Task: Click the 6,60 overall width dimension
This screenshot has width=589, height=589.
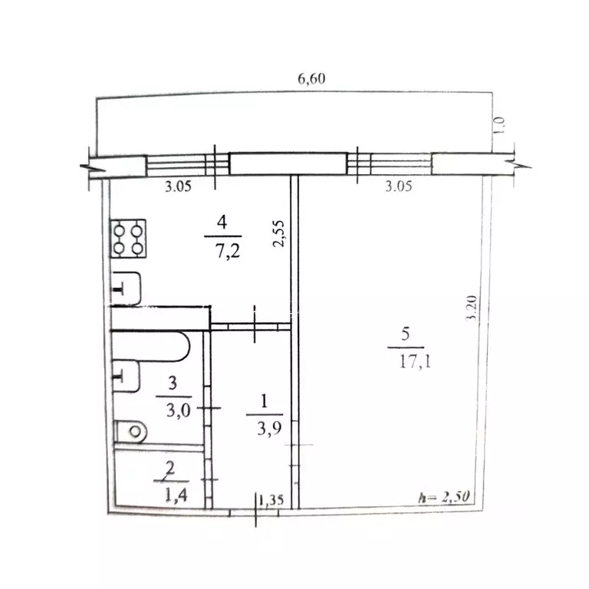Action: (311, 79)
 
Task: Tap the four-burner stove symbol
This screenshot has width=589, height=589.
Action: (129, 239)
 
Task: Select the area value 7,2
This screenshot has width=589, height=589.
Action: (228, 251)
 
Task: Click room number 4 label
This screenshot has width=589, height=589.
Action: (222, 222)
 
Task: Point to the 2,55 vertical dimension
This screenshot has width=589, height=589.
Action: (278, 233)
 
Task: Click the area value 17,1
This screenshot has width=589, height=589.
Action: (415, 361)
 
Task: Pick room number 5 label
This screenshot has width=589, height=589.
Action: (405, 334)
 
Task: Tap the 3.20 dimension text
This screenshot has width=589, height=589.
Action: (471, 308)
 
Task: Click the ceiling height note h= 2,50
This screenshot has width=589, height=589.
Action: (444, 497)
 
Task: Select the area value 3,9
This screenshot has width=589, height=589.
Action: (269, 428)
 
